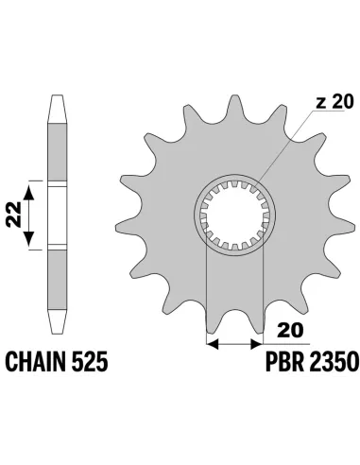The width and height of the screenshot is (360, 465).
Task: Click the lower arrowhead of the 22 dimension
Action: click(31, 244)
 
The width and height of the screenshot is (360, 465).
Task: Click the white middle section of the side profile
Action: click(54, 216)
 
